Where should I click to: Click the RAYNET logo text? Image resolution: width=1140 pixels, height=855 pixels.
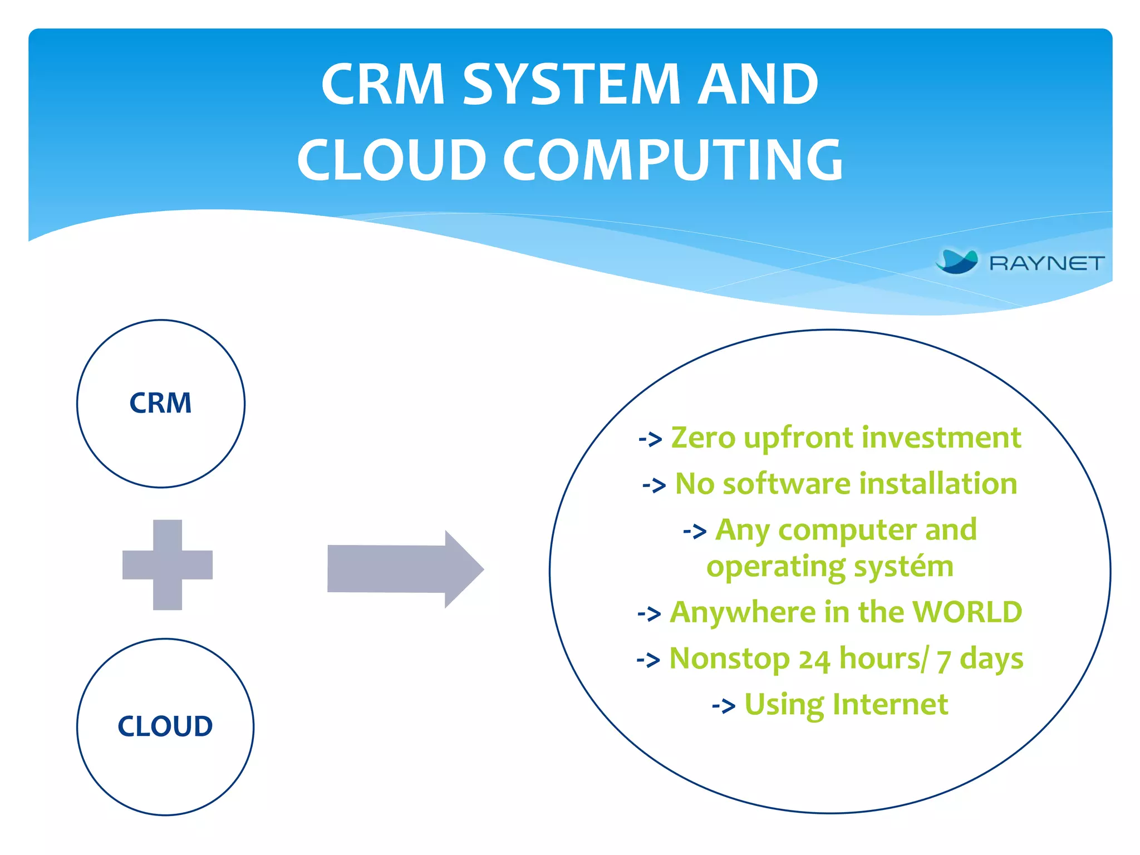[1046, 263]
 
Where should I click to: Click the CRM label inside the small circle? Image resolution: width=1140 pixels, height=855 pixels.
[160, 403]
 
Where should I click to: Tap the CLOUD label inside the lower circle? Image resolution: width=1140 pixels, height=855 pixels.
[165, 726]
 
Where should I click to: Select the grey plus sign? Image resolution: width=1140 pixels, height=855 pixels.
[168, 564]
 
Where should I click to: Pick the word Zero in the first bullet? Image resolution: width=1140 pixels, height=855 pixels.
[703, 438]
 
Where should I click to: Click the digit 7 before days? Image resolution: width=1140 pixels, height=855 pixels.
[943, 661]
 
